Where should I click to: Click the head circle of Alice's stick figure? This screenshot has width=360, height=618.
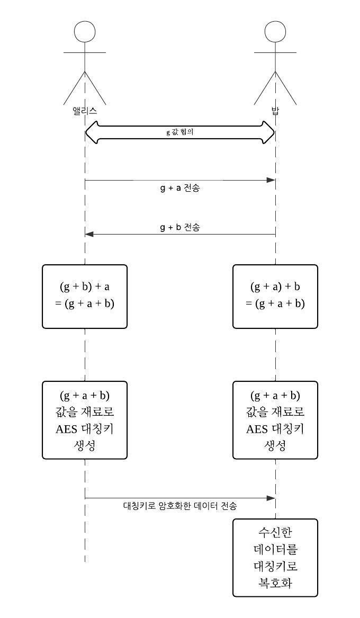click(x=85, y=32)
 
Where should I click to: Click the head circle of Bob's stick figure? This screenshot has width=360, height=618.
click(x=275, y=32)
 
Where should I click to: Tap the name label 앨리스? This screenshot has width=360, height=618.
click(x=85, y=111)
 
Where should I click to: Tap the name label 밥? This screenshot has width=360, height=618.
click(x=275, y=111)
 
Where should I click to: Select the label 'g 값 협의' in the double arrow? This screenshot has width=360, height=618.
click(x=180, y=132)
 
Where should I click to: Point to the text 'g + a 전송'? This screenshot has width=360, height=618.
click(x=180, y=188)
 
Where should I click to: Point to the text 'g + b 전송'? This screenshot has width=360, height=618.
click(x=180, y=227)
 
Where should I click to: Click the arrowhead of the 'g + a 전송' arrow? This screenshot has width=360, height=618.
click(x=271, y=181)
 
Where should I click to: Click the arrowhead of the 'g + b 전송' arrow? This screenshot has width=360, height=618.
click(x=89, y=234)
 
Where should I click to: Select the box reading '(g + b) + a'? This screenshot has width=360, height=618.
click(x=85, y=296)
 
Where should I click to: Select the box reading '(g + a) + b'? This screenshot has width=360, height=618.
click(x=275, y=296)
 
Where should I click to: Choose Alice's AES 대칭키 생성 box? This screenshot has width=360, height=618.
click(x=85, y=420)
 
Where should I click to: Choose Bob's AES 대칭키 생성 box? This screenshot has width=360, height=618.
click(x=275, y=420)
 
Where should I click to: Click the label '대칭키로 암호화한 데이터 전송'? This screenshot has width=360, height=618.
click(x=180, y=506)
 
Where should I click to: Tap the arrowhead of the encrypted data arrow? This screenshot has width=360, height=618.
click(x=271, y=498)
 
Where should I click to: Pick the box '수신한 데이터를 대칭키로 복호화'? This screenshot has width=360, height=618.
click(x=275, y=558)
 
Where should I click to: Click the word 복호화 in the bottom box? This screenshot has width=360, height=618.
click(x=275, y=583)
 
